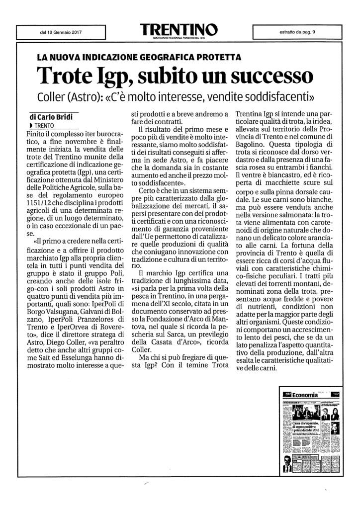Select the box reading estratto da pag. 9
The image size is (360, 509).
click(297, 33)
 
